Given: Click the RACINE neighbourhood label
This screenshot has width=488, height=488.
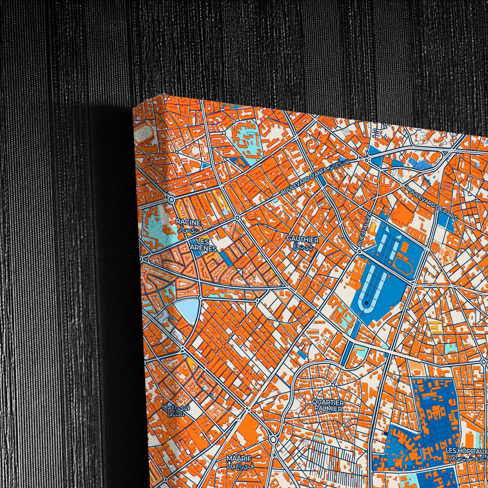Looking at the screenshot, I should tap(188, 223).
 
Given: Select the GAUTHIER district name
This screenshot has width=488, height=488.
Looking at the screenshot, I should tap(303, 240).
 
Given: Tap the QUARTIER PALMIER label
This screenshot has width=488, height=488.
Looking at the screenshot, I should tap(328, 405).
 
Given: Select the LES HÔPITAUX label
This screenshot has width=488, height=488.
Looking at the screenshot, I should tap(466, 451).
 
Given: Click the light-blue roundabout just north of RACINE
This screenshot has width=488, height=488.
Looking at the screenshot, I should tap(171, 200).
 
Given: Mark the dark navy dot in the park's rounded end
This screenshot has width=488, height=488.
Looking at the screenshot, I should tap(366, 304).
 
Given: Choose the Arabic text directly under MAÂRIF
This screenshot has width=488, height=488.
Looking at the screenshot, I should tap(240, 465).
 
